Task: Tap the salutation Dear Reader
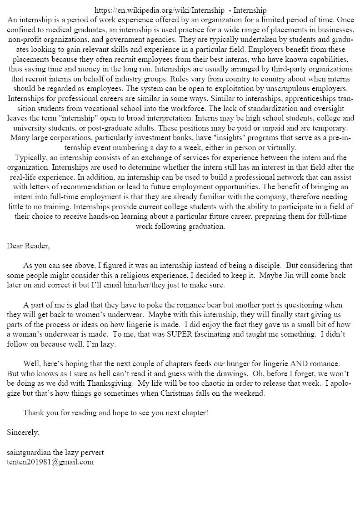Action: (28, 246)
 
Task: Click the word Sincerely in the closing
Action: (23, 433)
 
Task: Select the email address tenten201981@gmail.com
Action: (50, 462)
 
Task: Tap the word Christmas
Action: (180, 393)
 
